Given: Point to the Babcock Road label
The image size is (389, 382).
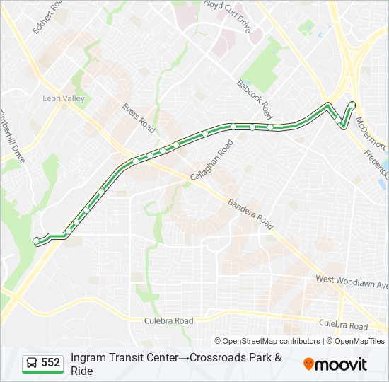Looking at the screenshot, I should click(255, 98).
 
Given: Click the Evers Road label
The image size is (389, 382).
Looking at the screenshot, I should click(137, 117).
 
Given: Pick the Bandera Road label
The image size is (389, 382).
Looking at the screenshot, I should click(250, 214).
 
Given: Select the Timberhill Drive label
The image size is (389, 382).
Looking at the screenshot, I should click(12, 136).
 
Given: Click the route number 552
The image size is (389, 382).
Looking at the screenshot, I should click(50, 363).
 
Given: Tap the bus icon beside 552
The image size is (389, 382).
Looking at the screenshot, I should click(32, 363).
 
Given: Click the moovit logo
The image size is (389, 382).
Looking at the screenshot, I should click(335, 364).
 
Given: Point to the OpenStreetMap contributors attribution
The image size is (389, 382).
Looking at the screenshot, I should click(267, 341).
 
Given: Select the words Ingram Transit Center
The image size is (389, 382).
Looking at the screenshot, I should click(124, 357).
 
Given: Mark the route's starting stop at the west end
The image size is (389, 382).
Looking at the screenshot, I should click(36, 241).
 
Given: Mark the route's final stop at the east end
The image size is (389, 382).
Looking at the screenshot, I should click(352, 105).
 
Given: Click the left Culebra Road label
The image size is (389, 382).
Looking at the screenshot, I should click(168, 320).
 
